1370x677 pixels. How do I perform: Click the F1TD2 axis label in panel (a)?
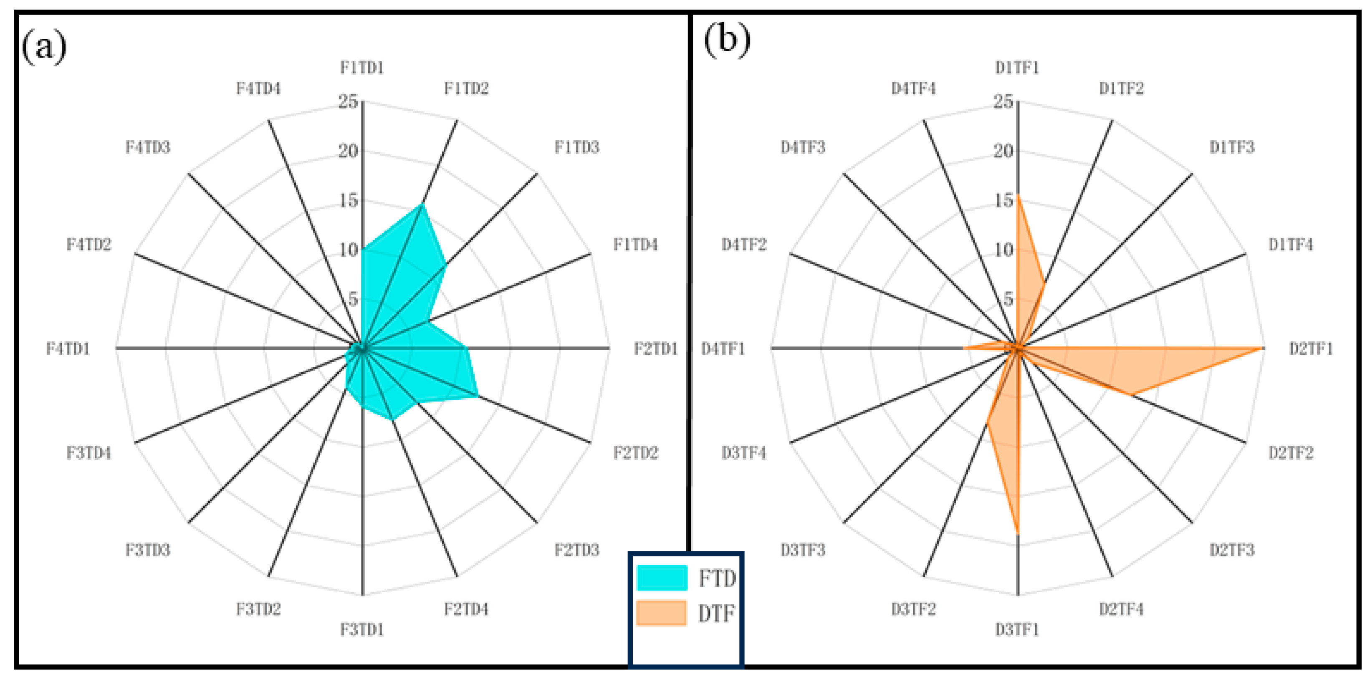(466, 88)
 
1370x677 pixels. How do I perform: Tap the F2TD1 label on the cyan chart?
(655, 349)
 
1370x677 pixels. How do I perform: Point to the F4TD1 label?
(68, 349)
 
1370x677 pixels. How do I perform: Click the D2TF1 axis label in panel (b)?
(1310, 349)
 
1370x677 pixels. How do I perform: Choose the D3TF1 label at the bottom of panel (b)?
(1017, 630)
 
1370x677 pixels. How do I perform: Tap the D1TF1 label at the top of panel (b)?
(1017, 68)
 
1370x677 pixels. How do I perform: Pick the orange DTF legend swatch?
(662, 613)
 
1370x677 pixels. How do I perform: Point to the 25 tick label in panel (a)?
(349, 101)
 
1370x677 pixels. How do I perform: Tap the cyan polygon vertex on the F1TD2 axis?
(422, 204)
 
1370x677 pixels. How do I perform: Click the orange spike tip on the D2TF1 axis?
(1261, 349)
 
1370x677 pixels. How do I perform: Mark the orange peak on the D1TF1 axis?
(1018, 196)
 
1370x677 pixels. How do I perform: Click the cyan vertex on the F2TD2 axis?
(478, 396)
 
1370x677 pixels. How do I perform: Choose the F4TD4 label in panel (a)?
(258, 88)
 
